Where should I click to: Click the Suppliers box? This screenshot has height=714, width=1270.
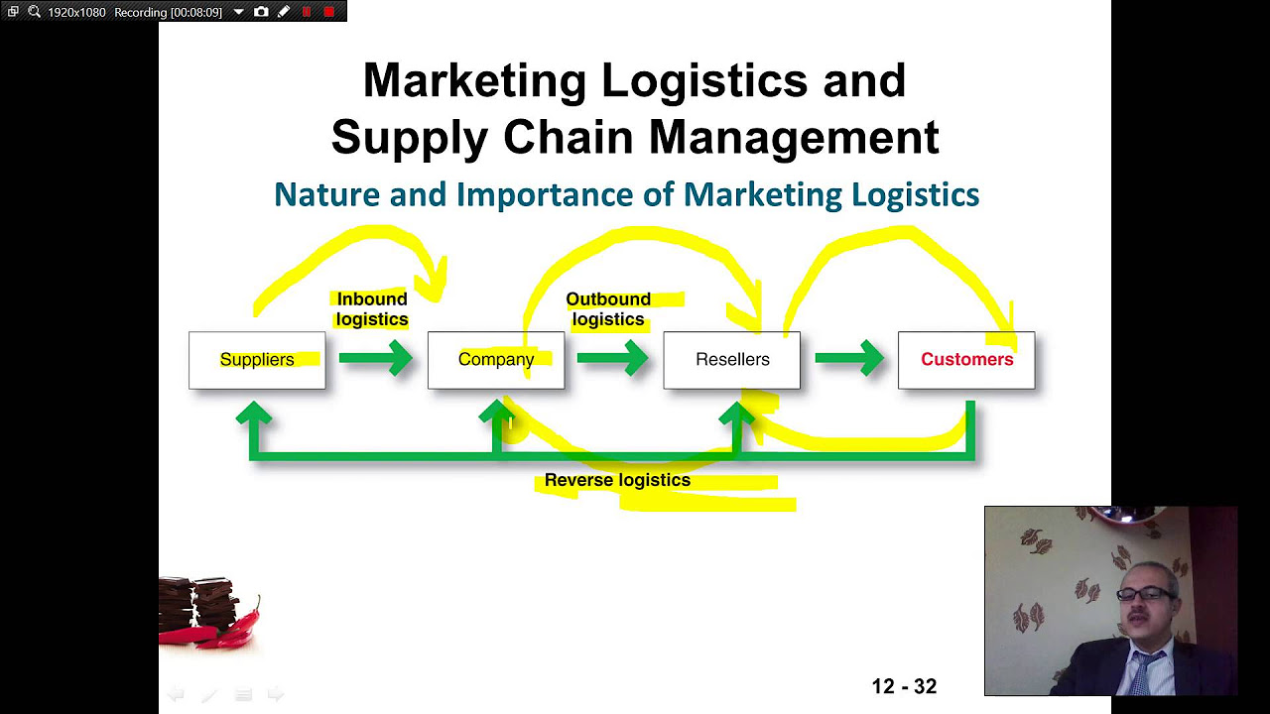(257, 360)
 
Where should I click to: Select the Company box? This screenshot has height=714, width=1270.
(496, 360)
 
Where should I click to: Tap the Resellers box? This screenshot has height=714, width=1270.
(732, 360)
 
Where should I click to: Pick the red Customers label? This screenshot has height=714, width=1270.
(967, 360)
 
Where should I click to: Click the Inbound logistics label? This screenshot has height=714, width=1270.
(372, 309)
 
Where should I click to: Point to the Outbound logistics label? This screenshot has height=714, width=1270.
(608, 309)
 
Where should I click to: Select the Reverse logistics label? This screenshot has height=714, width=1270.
(617, 481)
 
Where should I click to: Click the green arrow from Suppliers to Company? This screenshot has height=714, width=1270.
(376, 358)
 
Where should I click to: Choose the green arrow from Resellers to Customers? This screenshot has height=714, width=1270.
(849, 358)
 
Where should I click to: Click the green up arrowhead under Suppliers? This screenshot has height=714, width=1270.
(254, 415)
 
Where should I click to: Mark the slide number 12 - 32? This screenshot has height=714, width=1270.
(904, 686)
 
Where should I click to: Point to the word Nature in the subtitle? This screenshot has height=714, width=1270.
(326, 194)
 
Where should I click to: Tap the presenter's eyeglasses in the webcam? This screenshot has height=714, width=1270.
(1144, 594)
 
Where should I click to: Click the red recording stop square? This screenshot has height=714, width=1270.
(329, 12)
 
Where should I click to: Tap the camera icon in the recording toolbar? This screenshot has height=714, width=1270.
(261, 12)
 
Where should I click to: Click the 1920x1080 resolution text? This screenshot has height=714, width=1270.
(76, 12)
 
